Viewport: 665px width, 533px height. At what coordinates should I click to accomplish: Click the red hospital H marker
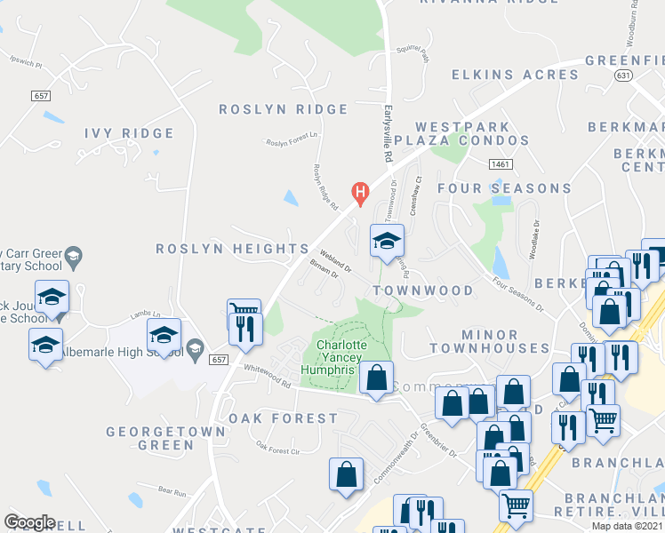tap(360, 191)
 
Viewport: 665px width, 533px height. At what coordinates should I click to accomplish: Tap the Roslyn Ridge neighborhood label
tap(284, 109)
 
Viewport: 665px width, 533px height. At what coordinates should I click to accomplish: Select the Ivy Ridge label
tap(129, 133)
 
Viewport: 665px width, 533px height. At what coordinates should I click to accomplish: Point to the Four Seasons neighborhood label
tap(504, 188)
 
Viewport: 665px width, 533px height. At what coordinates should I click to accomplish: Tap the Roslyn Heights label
tap(232, 249)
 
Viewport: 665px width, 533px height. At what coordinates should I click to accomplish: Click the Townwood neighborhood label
tap(423, 290)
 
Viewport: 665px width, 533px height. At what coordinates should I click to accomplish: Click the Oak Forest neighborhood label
tap(283, 418)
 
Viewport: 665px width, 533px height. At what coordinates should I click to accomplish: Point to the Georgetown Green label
tap(149, 438)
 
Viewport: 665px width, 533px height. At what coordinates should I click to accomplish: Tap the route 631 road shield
tap(621, 76)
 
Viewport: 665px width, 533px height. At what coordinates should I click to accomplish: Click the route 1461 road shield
tap(501, 164)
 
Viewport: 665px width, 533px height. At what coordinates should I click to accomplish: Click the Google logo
tap(29, 522)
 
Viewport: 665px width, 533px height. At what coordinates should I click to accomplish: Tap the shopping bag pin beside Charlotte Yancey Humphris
tap(377, 377)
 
